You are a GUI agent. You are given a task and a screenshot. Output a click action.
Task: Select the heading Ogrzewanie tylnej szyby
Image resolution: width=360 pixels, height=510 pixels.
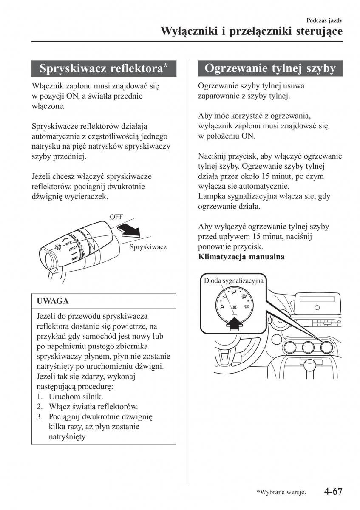270,68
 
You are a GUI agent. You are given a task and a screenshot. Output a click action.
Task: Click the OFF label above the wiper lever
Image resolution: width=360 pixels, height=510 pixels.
116,217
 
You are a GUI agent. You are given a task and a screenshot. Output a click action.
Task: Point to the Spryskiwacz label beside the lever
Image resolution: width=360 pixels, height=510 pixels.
148,247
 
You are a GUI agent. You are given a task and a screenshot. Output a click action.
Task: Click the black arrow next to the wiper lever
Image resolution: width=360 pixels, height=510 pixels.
130,231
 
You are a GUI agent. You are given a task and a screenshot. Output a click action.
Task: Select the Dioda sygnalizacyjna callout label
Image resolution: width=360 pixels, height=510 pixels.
234,281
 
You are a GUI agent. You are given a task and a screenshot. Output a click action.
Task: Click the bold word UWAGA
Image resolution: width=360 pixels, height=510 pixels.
53,301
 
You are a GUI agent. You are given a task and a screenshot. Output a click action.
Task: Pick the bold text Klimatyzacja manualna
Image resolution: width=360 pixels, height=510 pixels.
241,257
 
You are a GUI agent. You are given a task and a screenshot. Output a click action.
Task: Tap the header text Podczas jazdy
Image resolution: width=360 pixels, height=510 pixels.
324,20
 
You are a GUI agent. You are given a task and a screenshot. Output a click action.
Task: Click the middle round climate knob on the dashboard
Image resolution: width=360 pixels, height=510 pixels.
308,348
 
